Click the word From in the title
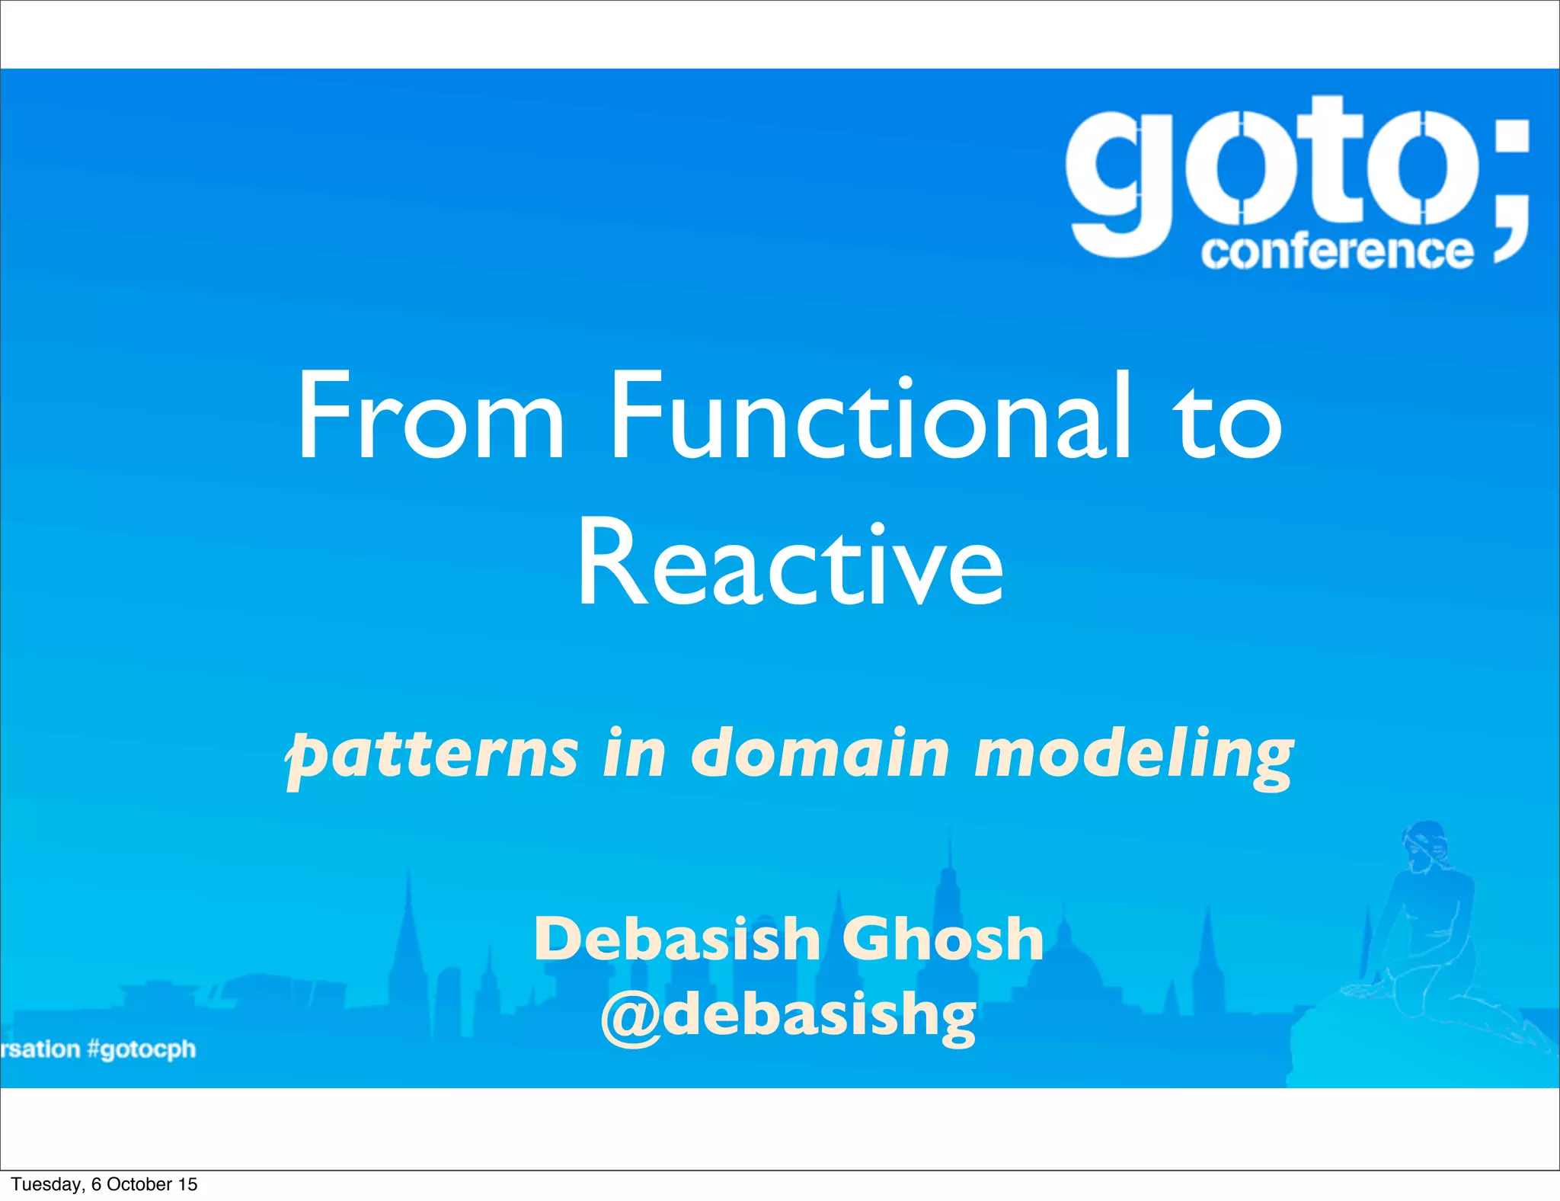point(430,418)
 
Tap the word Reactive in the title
point(790,564)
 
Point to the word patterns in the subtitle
point(432,754)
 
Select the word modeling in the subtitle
point(1134,754)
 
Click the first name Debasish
point(676,939)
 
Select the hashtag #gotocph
point(142,1049)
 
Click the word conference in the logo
point(1337,251)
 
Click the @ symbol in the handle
point(630,1017)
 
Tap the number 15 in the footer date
point(187,1184)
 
